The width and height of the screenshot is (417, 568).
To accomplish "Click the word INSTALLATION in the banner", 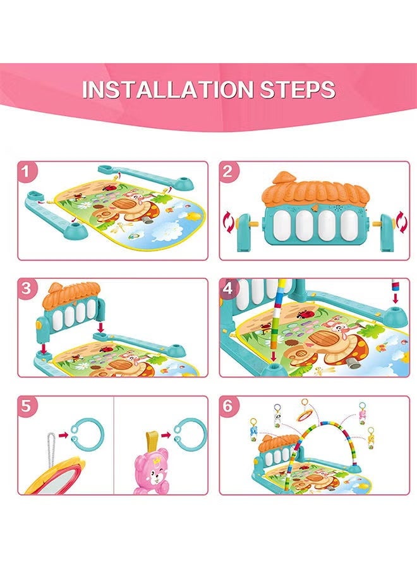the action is point(167,89).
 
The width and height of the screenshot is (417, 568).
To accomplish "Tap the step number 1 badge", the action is point(26,171).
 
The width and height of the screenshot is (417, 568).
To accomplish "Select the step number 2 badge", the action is point(227,171).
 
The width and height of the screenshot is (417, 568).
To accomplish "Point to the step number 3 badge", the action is point(26,288).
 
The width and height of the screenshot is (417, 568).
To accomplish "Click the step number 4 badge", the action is point(227,288).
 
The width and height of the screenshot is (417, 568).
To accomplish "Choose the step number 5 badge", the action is point(26,406).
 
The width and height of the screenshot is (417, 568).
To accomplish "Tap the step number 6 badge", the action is point(227,406).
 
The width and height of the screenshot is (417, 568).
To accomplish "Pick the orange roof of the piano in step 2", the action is point(315,191).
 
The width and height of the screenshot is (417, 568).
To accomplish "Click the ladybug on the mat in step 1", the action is point(107,187).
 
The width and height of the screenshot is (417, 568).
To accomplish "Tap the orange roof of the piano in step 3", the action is point(71,294).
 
